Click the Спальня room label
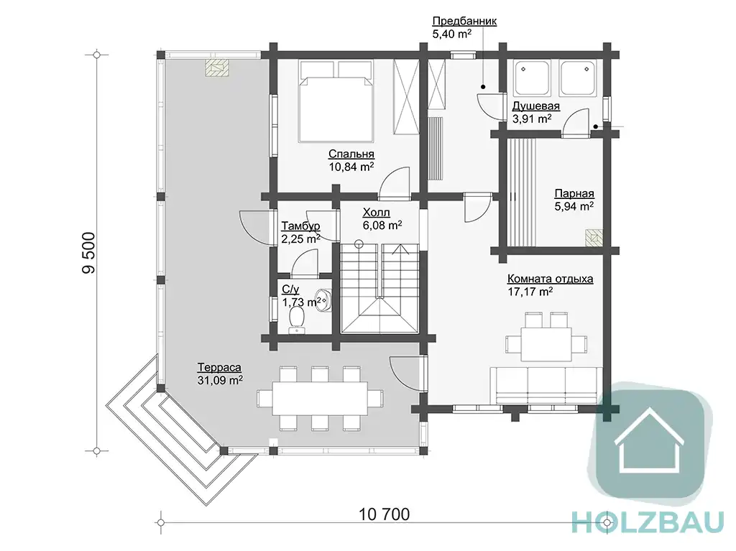point(351,154)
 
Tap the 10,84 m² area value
point(351,167)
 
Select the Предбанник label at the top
point(464,21)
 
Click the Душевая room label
point(535,106)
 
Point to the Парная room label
point(574,193)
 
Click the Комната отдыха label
point(550,279)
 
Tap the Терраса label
point(219,368)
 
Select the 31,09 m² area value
point(220,380)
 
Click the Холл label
point(376,213)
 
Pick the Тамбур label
point(300,226)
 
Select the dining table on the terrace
point(320,399)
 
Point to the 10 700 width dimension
point(384,514)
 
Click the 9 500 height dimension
point(88,253)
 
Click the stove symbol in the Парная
point(594,238)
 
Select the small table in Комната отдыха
point(546,343)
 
